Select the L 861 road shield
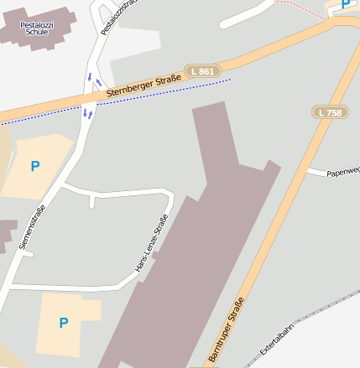201,72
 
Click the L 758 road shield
329,111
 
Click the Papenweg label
342,173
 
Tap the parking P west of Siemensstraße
34,166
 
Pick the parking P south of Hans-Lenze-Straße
64,322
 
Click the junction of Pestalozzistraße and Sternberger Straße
90,102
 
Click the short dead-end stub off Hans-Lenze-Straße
91,201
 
